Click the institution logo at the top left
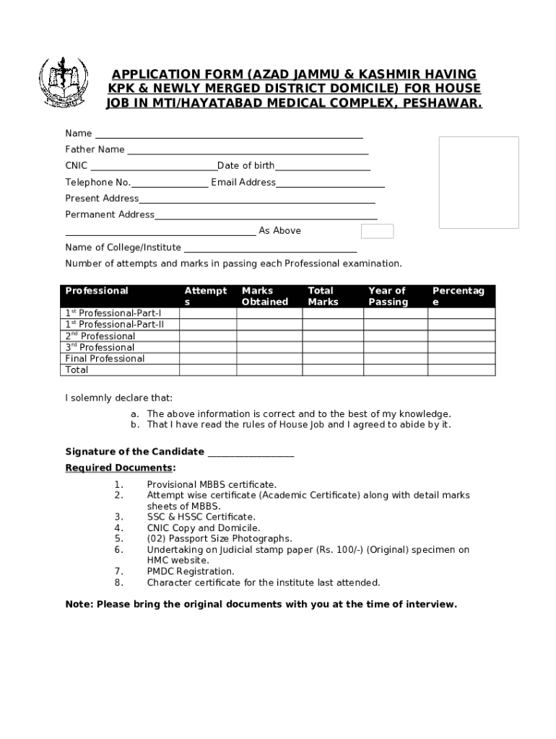pyautogui.click(x=63, y=82)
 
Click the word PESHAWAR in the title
pyautogui.click(x=442, y=103)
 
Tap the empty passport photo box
pyautogui.click(x=479, y=183)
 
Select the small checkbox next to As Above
pyautogui.click(x=377, y=231)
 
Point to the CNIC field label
pyautogui.click(x=77, y=166)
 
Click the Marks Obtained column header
pyautogui.click(x=264, y=296)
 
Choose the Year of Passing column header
pyautogui.click(x=388, y=296)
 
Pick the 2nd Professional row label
pyautogui.click(x=100, y=336)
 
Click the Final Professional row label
pyautogui.click(x=105, y=359)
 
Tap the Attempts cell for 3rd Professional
pyautogui.click(x=207, y=348)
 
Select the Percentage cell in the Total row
pyautogui.click(x=461, y=370)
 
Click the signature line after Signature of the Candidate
pyautogui.click(x=251, y=453)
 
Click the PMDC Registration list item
pyautogui.click(x=191, y=571)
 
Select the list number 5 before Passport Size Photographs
pyautogui.click(x=118, y=538)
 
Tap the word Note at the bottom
pyautogui.click(x=78, y=604)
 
